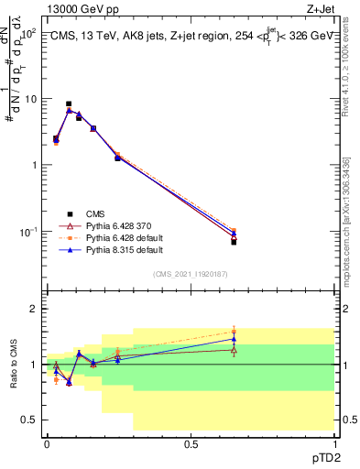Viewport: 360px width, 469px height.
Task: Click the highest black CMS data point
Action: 69,104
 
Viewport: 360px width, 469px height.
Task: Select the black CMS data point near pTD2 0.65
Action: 234,242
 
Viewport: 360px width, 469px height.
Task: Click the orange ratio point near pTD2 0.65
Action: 234,332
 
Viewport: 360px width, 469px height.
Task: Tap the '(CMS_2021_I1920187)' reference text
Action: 191,273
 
